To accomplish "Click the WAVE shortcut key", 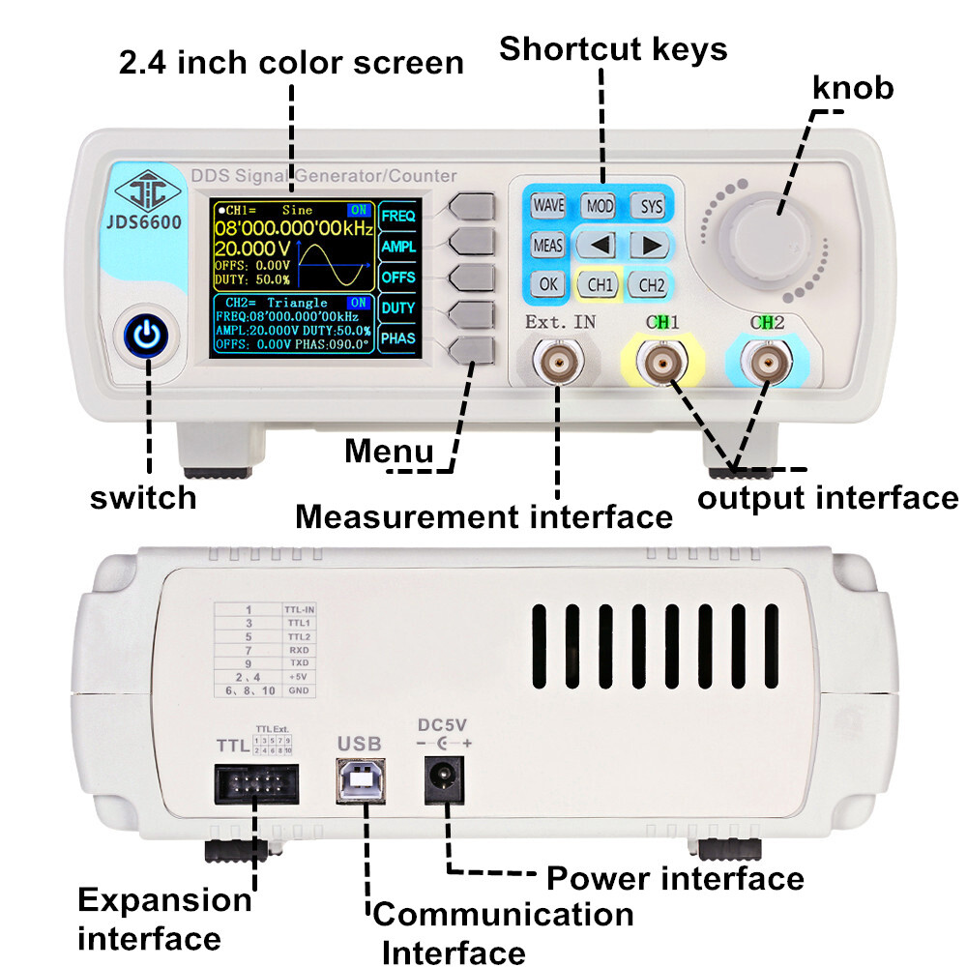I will (548, 206).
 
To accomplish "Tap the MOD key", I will (598, 206).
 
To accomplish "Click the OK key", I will (548, 284).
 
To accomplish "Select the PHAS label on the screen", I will (397, 338).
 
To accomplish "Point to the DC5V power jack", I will (444, 778).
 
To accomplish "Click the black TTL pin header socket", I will (256, 781).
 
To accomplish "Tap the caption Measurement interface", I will (483, 516).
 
